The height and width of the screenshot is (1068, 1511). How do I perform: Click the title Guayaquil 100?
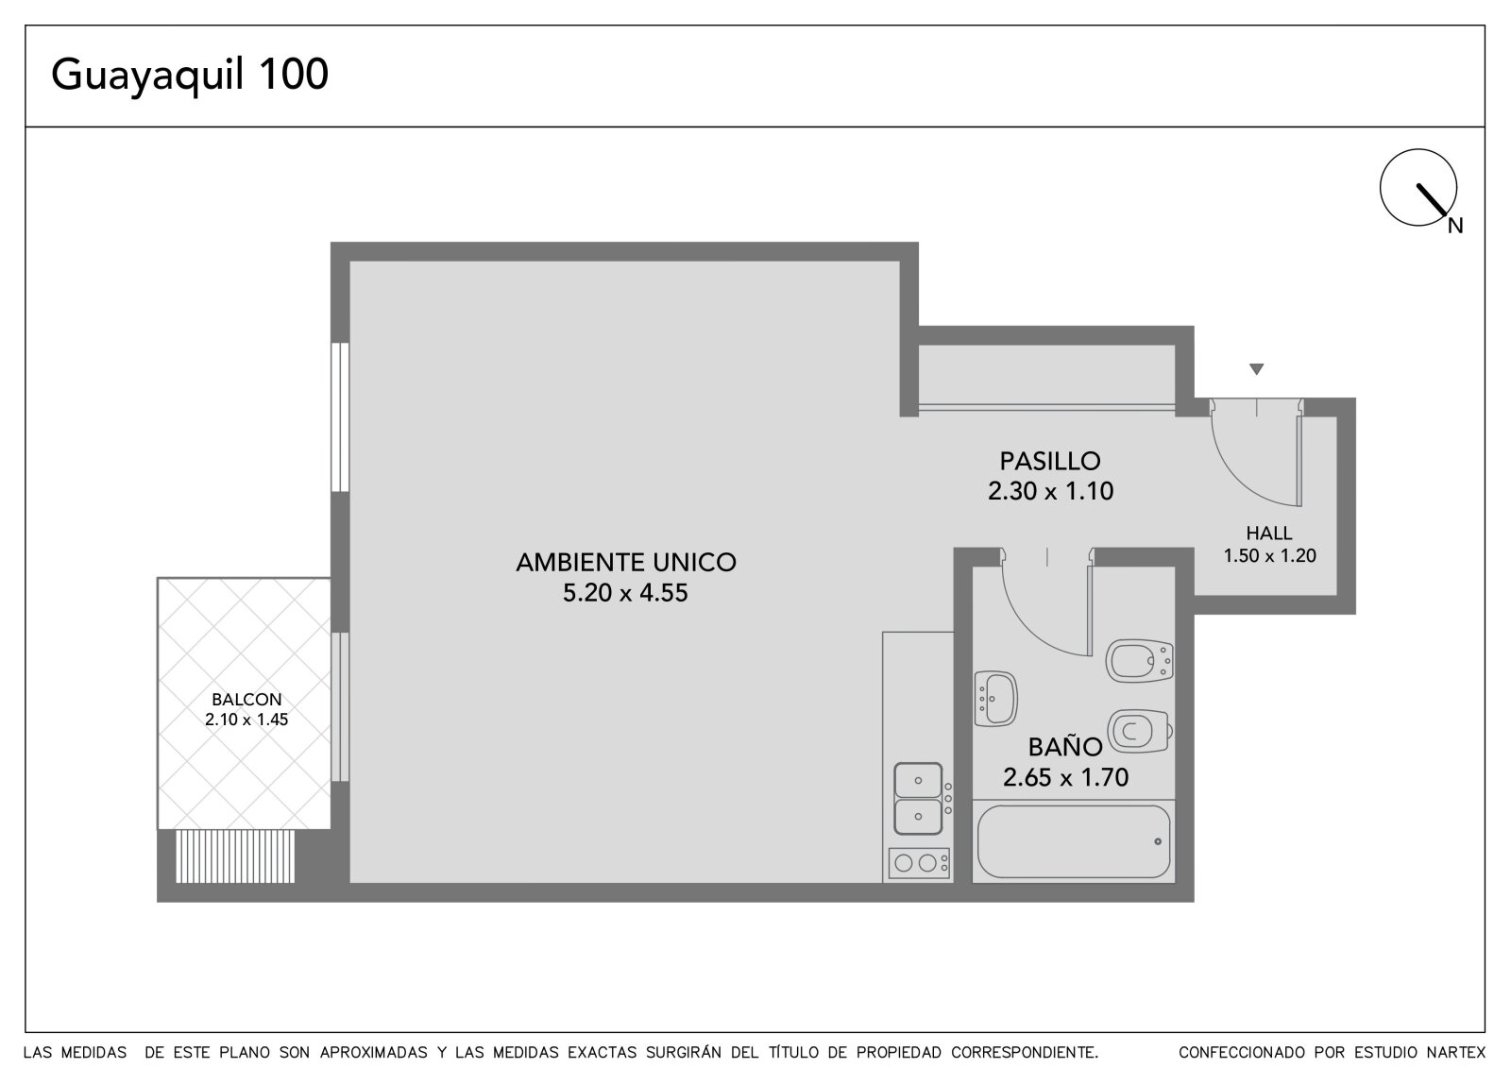click(x=190, y=76)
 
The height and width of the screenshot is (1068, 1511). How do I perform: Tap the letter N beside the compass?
click(x=1455, y=226)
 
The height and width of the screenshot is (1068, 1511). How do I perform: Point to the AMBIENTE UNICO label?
click(x=626, y=562)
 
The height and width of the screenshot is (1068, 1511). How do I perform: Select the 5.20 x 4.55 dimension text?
click(x=625, y=592)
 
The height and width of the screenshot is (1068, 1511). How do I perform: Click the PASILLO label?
click(x=1051, y=461)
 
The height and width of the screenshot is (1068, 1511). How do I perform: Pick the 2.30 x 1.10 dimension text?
click(x=1050, y=490)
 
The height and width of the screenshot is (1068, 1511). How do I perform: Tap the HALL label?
click(x=1269, y=533)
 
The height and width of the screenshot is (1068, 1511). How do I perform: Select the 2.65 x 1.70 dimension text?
click(x=1066, y=777)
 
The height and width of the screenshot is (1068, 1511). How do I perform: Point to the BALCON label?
click(x=246, y=699)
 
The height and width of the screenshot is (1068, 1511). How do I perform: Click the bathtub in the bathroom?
click(x=1073, y=841)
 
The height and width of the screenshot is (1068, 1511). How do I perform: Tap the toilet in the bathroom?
click(x=1140, y=731)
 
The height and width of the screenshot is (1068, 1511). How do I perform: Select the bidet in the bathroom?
click(x=1140, y=660)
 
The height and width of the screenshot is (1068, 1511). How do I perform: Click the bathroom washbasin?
click(x=995, y=698)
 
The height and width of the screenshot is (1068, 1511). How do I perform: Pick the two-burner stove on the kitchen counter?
click(x=919, y=863)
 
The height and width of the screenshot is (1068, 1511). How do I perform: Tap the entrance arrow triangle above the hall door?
click(x=1256, y=369)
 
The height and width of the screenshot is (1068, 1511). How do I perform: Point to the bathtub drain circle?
click(x=1158, y=841)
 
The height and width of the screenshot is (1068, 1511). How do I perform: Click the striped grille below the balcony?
click(x=235, y=856)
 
